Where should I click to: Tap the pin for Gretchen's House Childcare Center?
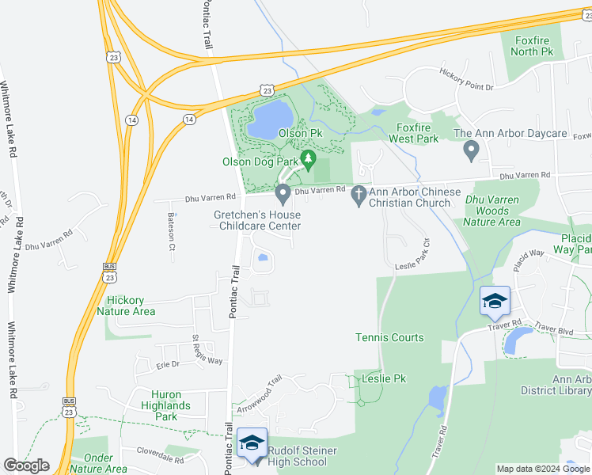(x=283, y=192)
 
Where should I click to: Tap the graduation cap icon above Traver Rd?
(x=495, y=302)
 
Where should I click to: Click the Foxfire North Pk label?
(x=532, y=46)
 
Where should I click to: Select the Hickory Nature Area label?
(x=126, y=306)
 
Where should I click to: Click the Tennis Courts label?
(x=389, y=337)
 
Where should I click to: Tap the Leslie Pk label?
(x=384, y=379)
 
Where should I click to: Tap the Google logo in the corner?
(x=26, y=465)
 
